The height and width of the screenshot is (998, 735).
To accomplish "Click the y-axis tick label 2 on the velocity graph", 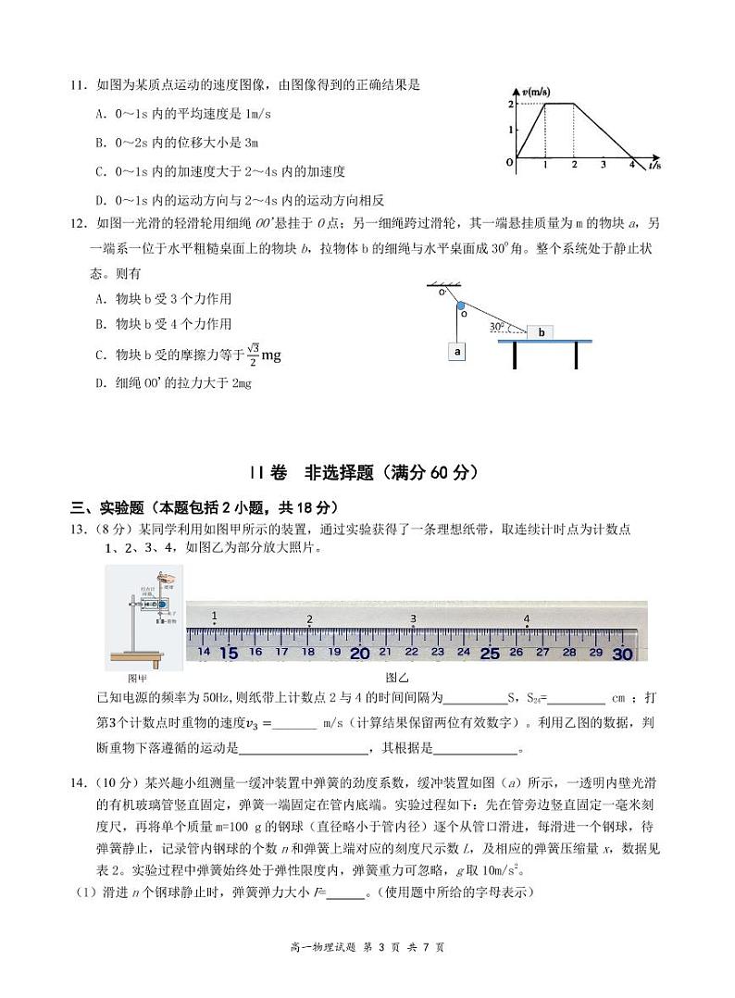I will point(510,104).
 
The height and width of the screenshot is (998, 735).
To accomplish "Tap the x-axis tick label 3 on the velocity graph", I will point(603,165).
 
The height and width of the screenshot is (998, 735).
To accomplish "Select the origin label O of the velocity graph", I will point(509,162).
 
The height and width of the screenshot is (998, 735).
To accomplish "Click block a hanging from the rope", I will point(457,352).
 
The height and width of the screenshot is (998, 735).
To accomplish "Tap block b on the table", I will point(541,331).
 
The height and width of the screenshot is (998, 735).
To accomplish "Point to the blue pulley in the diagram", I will point(460,304).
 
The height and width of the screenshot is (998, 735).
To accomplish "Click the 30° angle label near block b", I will point(499,327).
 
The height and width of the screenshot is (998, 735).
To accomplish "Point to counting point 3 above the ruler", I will point(413,618).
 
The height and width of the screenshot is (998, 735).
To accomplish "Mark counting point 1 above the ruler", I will point(215,616).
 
